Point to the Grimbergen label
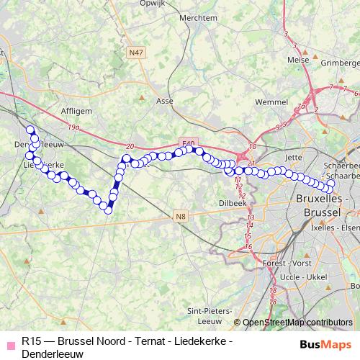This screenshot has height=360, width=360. pyautogui.click(x=339, y=63)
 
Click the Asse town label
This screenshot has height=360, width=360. pyautogui.click(x=165, y=102)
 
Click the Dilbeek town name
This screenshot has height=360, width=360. pyautogui.click(x=233, y=204)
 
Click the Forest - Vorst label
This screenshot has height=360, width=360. pyautogui.click(x=283, y=264)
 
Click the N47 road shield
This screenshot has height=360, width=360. pyautogui.click(x=135, y=53)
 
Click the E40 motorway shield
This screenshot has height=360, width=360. pyautogui.click(x=189, y=144)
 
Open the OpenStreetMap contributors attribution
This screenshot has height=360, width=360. pyautogui.click(x=298, y=323)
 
